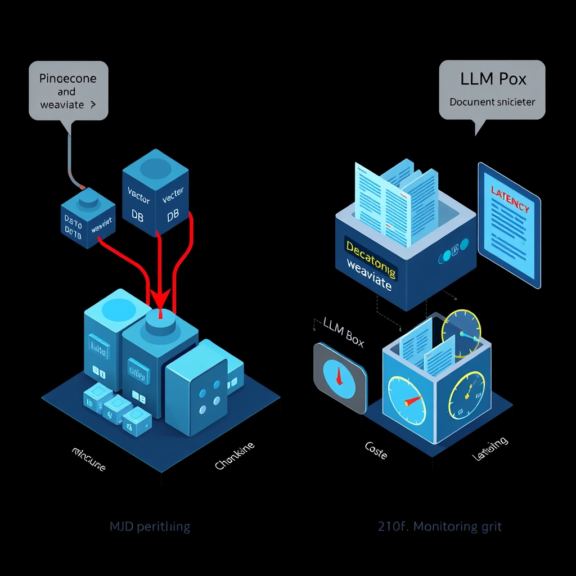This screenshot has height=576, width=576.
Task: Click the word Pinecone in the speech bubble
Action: coord(67,78)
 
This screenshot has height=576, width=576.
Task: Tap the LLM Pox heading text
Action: coord(493,79)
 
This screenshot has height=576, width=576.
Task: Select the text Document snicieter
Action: coord(492,102)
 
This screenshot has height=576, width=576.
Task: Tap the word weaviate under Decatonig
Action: coord(369,276)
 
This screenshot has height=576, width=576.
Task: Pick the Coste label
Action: coord(376,450)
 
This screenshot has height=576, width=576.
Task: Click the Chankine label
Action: coord(235,456)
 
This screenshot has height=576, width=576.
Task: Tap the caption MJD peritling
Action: coord(150,527)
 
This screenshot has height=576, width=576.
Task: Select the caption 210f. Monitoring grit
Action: coord(439,527)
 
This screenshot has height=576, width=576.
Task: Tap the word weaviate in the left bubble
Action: coord(62,105)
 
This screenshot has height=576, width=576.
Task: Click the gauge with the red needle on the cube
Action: coord(406,400)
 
